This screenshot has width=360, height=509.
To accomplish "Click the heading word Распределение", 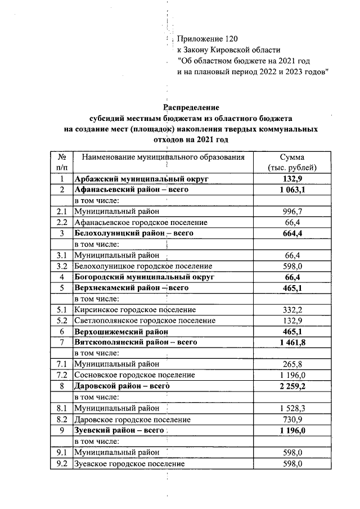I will [191, 107].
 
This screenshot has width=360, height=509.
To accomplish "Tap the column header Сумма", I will [292, 157].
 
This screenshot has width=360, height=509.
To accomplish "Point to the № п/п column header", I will [62, 163].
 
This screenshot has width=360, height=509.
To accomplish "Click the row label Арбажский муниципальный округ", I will [142, 179].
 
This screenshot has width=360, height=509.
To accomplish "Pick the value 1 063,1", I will [292, 190].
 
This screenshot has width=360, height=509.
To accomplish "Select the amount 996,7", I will [292, 211].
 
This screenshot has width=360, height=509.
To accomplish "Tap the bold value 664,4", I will [292, 233].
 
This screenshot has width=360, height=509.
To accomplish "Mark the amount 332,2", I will [292, 309].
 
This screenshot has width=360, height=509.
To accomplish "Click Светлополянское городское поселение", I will [145, 320].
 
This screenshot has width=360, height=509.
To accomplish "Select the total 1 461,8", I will [292, 342].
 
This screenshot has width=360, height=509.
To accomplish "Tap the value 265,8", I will [292, 364].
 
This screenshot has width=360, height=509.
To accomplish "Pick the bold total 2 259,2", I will [292, 386].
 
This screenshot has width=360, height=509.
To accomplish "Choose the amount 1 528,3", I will [292, 408].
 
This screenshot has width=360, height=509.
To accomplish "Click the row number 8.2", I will [62, 419].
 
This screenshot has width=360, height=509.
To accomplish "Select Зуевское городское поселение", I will [130, 463].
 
